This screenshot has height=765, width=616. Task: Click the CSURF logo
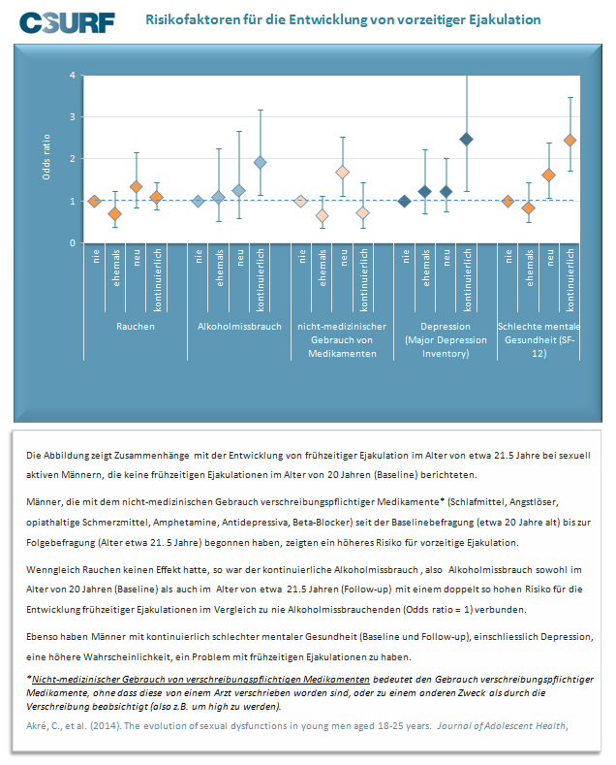click(x=67, y=22)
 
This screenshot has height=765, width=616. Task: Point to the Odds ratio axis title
click(x=46, y=157)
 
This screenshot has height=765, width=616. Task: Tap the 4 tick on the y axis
click(x=73, y=75)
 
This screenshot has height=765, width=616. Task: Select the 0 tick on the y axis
click(x=73, y=242)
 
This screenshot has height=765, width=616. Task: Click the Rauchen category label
click(x=136, y=327)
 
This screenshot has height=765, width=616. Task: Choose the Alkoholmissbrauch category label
click(x=239, y=327)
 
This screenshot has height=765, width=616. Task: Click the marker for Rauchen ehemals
click(x=115, y=213)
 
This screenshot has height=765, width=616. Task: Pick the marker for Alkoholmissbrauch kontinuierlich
click(x=261, y=163)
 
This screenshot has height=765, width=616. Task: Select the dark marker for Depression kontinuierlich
click(x=467, y=140)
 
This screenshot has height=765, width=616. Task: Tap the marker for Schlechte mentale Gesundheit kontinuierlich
click(x=570, y=141)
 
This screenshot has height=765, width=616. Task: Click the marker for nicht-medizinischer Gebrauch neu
click(x=343, y=173)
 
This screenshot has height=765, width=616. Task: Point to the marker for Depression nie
click(x=404, y=201)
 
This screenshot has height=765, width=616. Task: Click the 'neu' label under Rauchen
click(x=137, y=258)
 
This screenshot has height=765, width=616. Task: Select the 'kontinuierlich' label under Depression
click(x=468, y=279)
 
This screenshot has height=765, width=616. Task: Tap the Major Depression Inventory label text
click(x=446, y=346)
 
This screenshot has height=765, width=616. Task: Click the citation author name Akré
click(x=36, y=725)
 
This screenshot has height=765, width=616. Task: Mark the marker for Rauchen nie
click(x=95, y=201)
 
